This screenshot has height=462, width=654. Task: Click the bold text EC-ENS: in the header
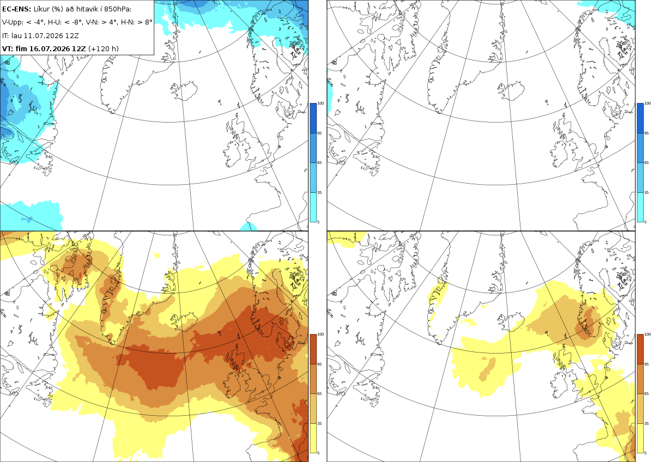(x=16, y=9)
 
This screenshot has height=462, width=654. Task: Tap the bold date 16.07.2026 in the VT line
(x=50, y=48)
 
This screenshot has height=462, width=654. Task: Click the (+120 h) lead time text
(x=104, y=48)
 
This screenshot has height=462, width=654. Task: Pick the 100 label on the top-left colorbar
(x=320, y=104)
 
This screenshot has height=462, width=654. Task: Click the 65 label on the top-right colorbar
(x=646, y=162)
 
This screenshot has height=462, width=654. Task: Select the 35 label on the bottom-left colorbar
(x=319, y=423)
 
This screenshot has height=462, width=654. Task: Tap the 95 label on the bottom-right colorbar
(x=646, y=364)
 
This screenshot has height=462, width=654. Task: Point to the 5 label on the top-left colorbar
(x=318, y=222)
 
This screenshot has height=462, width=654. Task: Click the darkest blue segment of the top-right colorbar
(x=640, y=118)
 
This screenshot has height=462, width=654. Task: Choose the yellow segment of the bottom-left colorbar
(x=313, y=438)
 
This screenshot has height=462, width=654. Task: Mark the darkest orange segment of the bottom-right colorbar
(x=640, y=349)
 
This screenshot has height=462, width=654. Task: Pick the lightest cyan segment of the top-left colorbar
(x=313, y=207)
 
